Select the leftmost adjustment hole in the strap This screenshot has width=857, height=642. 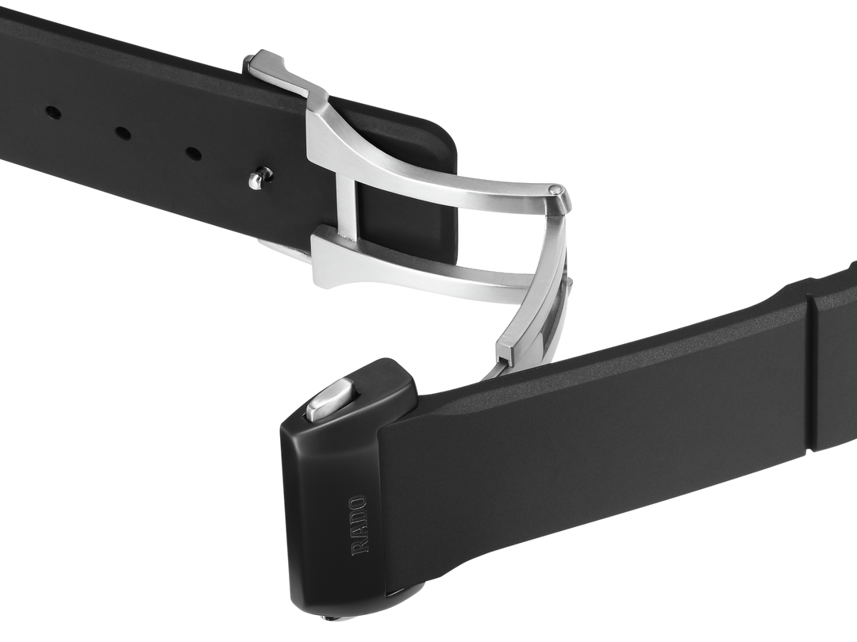(x=53, y=113)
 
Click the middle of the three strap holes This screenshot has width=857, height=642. (x=123, y=132)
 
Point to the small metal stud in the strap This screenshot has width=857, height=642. (x=259, y=178)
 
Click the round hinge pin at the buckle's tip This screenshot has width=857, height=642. (x=555, y=190)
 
